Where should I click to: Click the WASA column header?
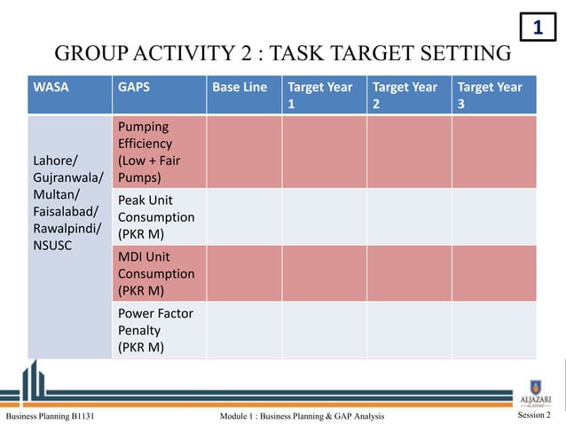click(x=51, y=87)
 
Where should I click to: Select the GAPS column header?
click(x=133, y=87)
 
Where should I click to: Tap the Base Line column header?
click(x=240, y=87)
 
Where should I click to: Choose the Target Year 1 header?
click(x=320, y=95)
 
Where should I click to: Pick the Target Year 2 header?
click(x=405, y=95)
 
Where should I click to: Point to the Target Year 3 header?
click(x=490, y=95)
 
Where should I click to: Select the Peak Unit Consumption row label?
click(x=155, y=216)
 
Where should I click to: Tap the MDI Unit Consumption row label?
click(x=155, y=273)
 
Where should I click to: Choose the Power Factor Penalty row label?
click(x=155, y=330)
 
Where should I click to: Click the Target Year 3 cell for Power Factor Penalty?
click(x=494, y=330)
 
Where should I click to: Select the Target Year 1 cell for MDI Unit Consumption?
click(x=324, y=273)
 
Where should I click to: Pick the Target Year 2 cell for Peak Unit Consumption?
click(x=409, y=216)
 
